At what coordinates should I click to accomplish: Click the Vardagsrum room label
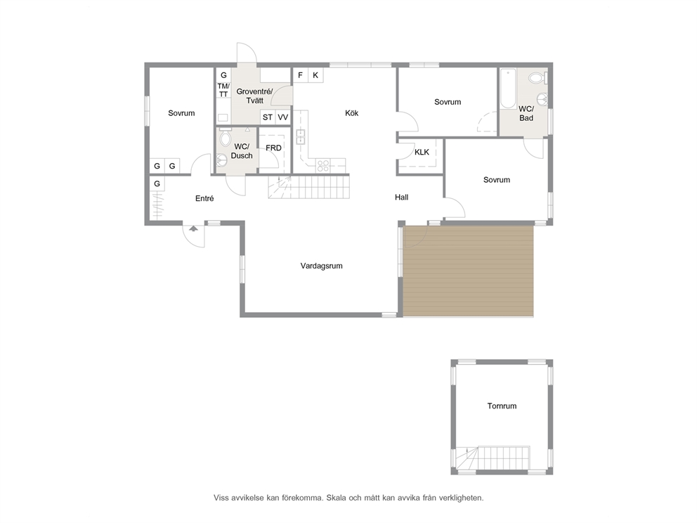321,266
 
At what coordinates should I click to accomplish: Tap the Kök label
351,113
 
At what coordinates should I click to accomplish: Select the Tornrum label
502,406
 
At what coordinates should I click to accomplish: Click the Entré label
204,198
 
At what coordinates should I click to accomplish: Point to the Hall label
401,197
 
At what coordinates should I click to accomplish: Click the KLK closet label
422,152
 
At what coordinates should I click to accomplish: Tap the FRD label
273,148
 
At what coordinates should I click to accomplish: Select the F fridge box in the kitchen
301,75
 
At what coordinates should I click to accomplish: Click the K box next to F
315,75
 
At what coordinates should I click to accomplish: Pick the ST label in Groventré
268,117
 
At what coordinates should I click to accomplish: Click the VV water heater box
282,117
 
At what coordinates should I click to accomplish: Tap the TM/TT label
223,90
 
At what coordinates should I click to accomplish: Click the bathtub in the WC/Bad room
507,89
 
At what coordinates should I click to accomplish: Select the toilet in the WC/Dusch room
226,136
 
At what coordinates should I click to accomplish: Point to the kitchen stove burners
323,165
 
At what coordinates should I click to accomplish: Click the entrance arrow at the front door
193,228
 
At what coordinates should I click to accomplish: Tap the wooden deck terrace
468,271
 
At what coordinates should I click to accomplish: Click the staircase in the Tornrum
493,458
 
